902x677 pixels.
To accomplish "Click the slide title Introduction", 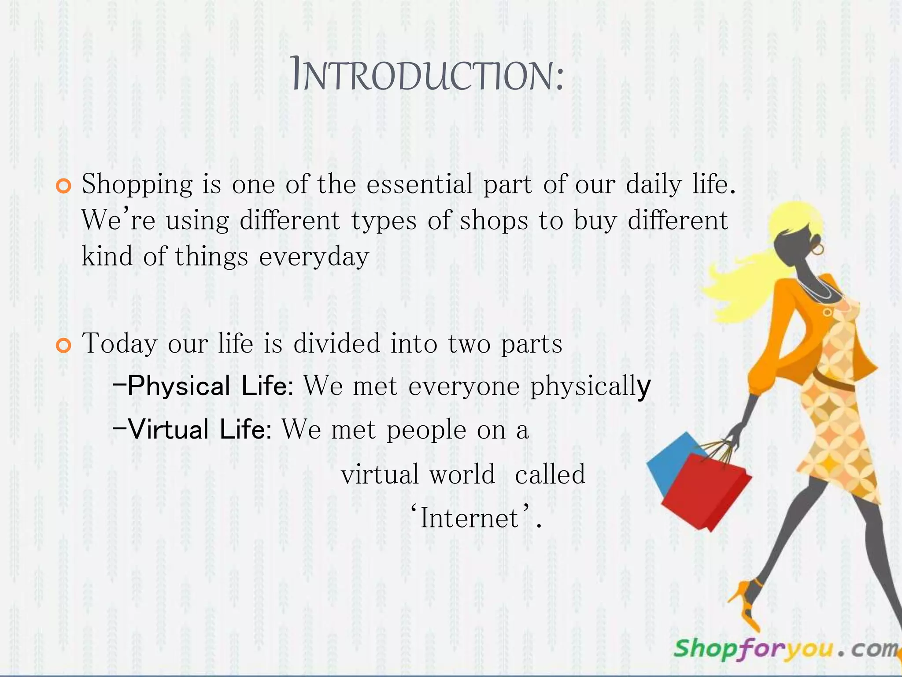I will (x=427, y=76).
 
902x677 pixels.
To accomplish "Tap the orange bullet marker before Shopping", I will (x=64, y=186).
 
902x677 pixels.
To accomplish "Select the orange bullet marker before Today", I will (x=64, y=346).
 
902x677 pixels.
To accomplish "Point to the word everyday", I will (x=314, y=257).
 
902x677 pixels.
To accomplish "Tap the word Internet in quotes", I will (x=469, y=518).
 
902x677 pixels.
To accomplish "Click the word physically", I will (x=590, y=387).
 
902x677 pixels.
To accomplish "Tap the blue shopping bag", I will (x=669, y=458).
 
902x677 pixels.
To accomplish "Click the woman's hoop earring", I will (x=818, y=249).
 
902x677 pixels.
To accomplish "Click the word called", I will (x=550, y=475).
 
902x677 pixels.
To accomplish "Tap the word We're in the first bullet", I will (x=118, y=220).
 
